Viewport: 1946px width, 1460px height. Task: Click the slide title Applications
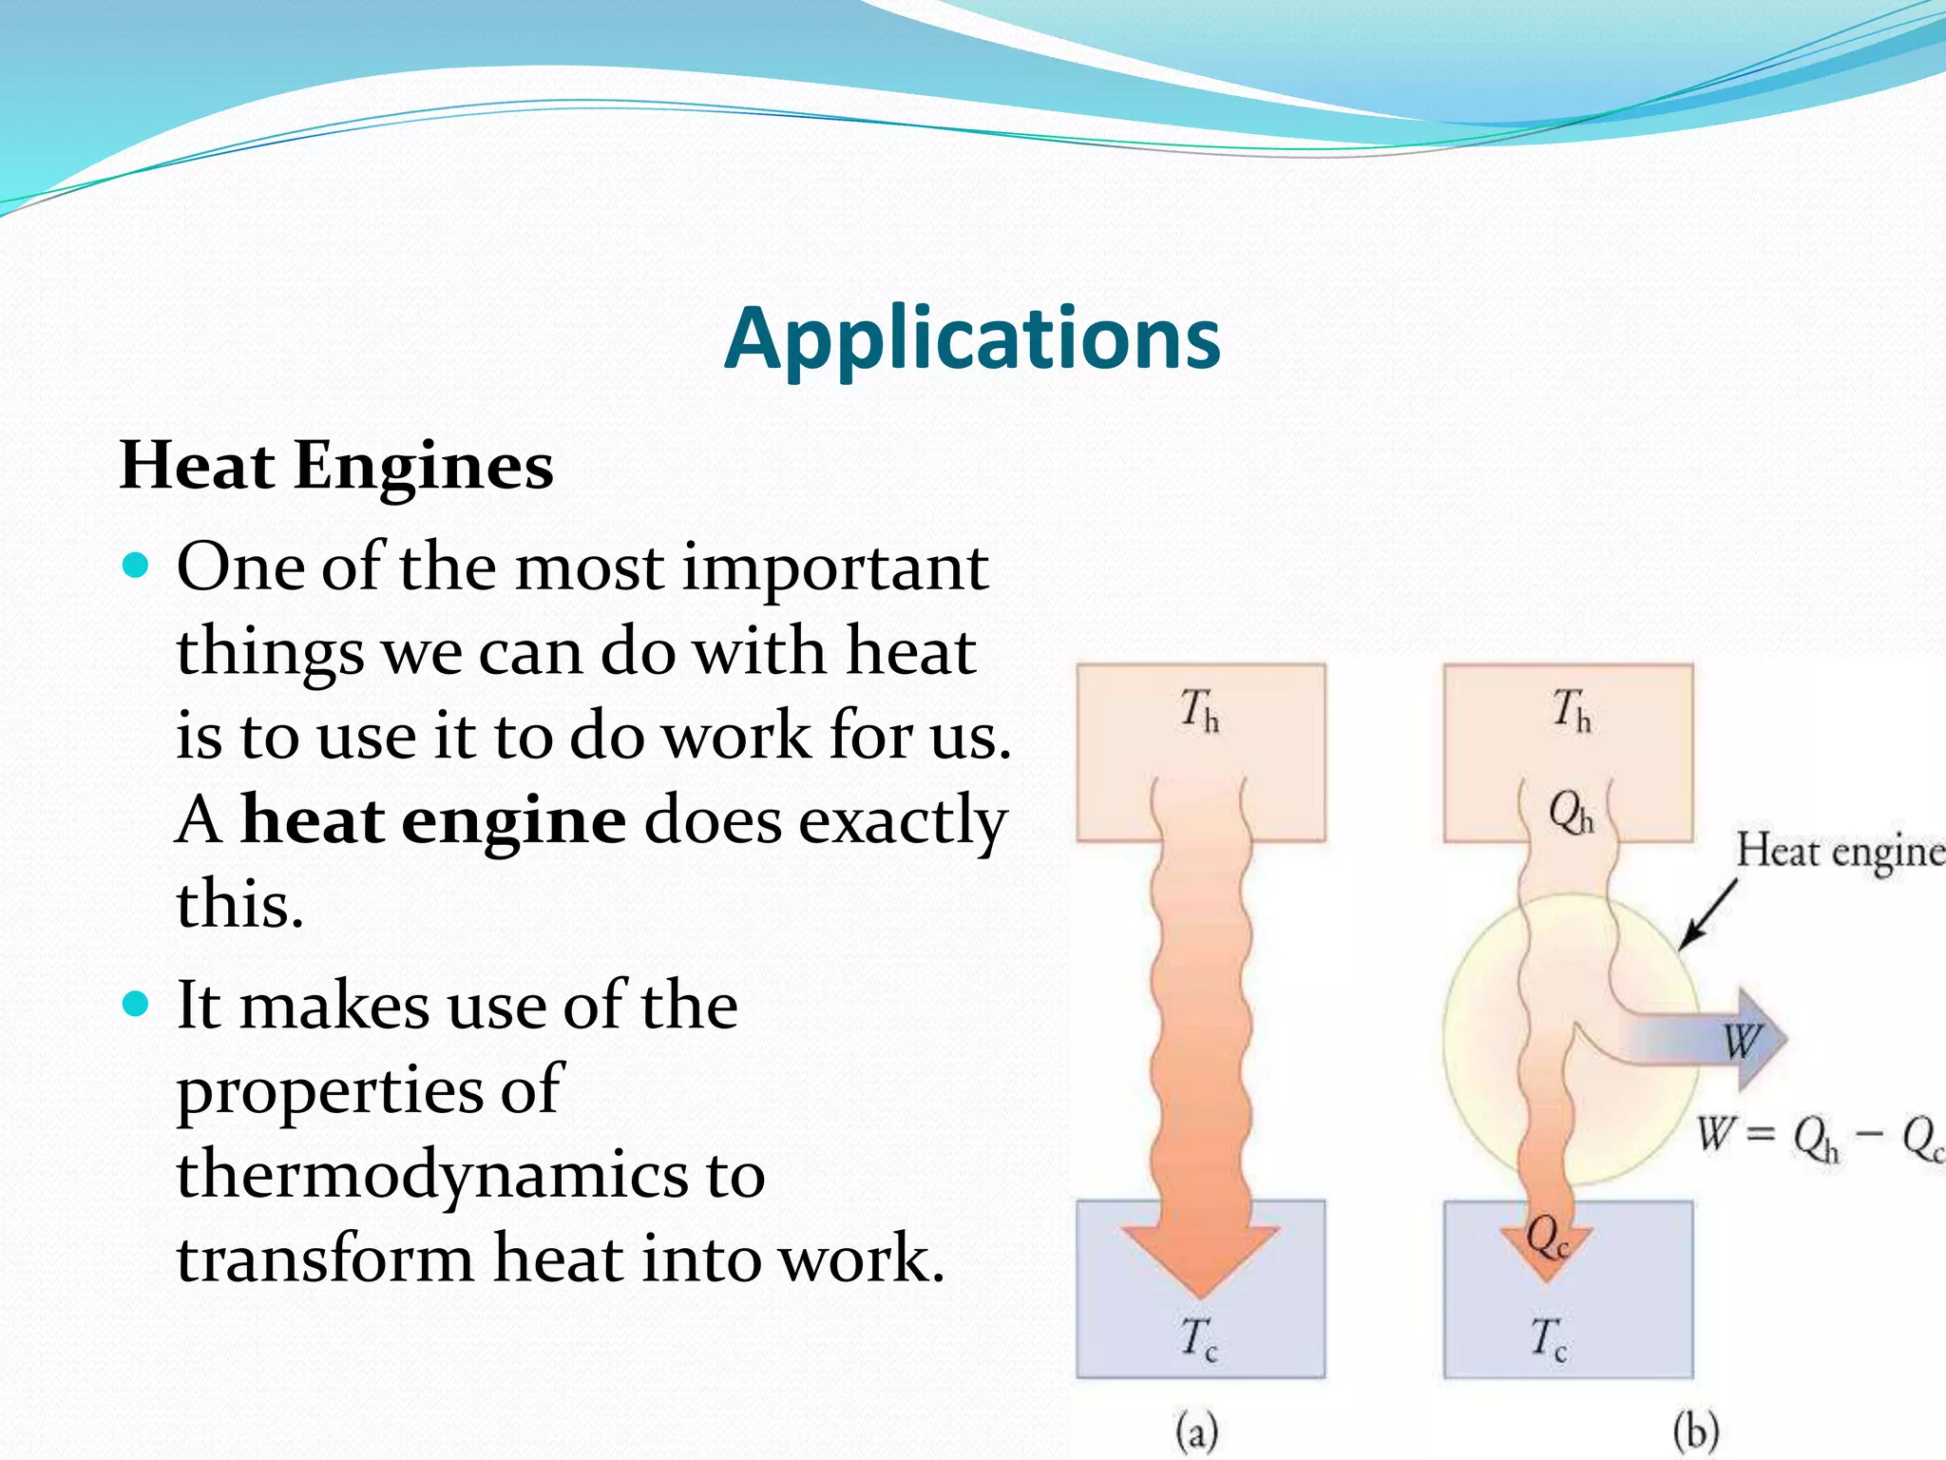(x=972, y=339)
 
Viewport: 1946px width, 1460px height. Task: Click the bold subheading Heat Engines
(x=335, y=466)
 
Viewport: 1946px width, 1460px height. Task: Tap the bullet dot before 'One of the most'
(x=137, y=567)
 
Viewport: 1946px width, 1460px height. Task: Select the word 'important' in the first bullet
(x=835, y=568)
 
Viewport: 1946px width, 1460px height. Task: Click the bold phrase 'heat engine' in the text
(x=433, y=819)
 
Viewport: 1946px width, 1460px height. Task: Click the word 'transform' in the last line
(x=325, y=1258)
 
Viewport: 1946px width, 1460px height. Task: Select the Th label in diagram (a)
(x=1199, y=710)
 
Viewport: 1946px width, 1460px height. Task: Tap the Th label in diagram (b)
(x=1572, y=710)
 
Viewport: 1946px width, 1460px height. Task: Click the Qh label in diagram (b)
(x=1570, y=814)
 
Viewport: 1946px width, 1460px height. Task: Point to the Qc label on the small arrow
(x=1547, y=1237)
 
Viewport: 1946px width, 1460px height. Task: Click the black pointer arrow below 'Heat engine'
(x=1707, y=915)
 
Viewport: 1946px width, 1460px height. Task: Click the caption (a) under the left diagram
(x=1196, y=1431)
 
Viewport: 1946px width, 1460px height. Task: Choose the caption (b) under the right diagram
(x=1696, y=1431)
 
